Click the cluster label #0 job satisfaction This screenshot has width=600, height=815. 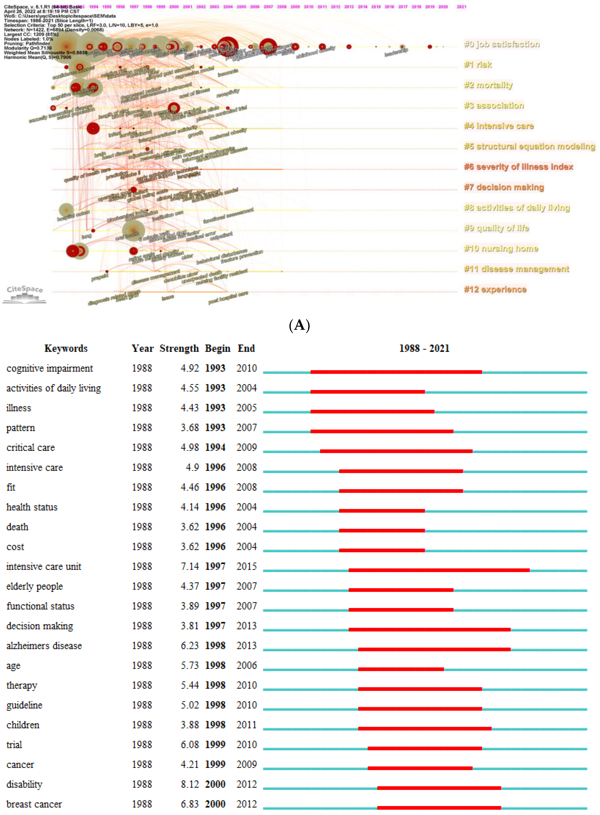point(502,44)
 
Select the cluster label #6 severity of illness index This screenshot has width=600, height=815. point(518,167)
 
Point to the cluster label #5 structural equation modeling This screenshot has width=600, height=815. point(529,147)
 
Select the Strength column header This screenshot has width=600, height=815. point(179,348)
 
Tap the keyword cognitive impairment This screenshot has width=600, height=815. point(50,368)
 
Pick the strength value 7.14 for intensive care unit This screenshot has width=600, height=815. point(190,567)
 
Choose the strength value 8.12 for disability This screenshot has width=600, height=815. point(190,784)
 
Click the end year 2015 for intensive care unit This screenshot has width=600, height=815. point(247,567)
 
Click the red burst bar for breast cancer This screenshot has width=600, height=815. point(439,808)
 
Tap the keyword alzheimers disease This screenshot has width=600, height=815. point(44,646)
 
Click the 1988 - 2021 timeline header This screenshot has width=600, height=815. point(424,348)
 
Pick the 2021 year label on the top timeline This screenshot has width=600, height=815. point(461,7)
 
